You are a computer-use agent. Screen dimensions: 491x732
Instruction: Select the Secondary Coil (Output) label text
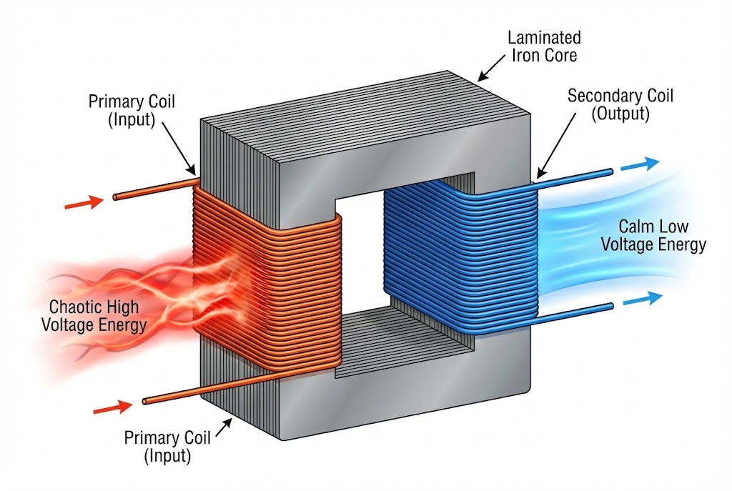coord(620,105)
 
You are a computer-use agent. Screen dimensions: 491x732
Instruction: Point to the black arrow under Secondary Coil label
coord(548,160)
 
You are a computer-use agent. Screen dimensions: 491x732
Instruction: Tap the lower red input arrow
coord(112,409)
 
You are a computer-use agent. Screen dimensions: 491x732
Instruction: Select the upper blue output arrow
coord(639,164)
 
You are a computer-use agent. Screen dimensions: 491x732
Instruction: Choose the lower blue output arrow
coord(641,301)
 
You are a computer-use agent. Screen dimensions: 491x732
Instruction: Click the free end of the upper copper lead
coord(115,197)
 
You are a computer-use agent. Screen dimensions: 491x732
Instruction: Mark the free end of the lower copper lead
coord(145,402)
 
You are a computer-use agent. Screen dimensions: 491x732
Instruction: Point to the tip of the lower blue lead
coord(611,307)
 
